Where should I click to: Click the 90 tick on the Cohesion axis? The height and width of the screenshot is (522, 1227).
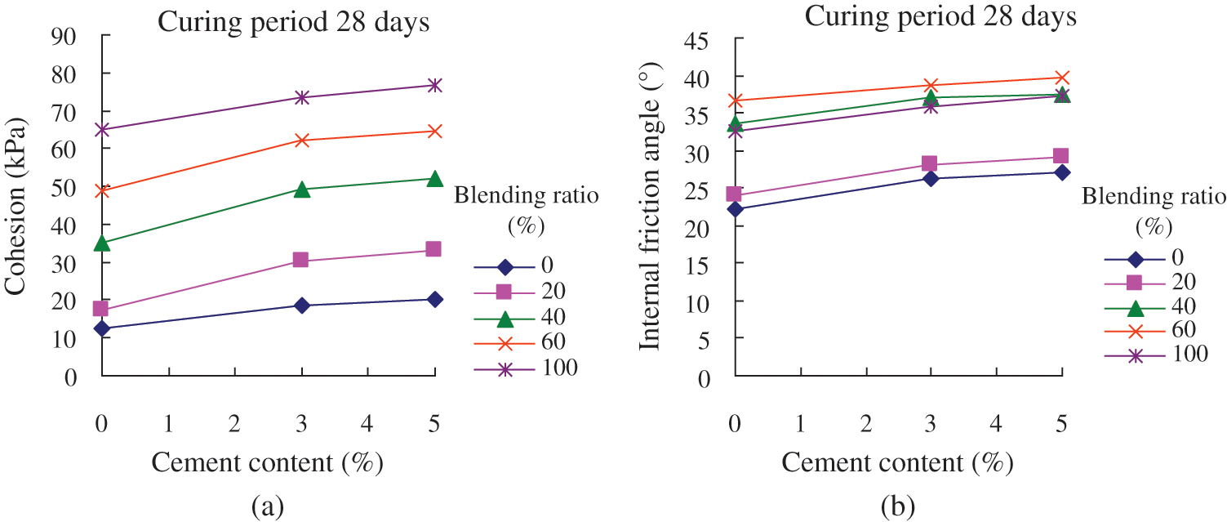pyautogui.click(x=66, y=35)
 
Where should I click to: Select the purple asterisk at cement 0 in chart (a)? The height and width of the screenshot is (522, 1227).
pyautogui.click(x=100, y=129)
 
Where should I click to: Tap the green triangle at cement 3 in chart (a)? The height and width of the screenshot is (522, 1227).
pyautogui.click(x=301, y=190)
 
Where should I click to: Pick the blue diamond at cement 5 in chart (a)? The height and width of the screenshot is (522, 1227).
pyautogui.click(x=434, y=299)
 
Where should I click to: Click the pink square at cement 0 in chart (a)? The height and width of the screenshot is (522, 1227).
pyautogui.click(x=100, y=309)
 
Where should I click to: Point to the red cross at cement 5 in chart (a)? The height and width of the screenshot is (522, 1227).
pyautogui.click(x=434, y=131)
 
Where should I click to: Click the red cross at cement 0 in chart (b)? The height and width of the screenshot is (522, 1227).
pyautogui.click(x=735, y=100)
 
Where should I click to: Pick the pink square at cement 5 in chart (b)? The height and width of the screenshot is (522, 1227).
pyautogui.click(x=1061, y=156)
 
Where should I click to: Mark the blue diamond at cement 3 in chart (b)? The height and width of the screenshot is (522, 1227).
pyautogui.click(x=930, y=178)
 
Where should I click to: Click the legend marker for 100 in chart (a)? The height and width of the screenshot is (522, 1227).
pyautogui.click(x=505, y=369)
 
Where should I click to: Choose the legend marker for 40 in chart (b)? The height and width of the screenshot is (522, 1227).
pyautogui.click(x=1136, y=306)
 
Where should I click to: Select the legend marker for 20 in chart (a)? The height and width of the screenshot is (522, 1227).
pyautogui.click(x=505, y=291)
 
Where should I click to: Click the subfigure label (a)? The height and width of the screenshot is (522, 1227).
pyautogui.click(x=267, y=506)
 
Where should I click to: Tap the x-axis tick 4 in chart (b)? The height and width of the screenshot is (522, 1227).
pyautogui.click(x=996, y=425)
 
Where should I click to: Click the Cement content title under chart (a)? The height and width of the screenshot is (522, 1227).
pyautogui.click(x=267, y=463)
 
